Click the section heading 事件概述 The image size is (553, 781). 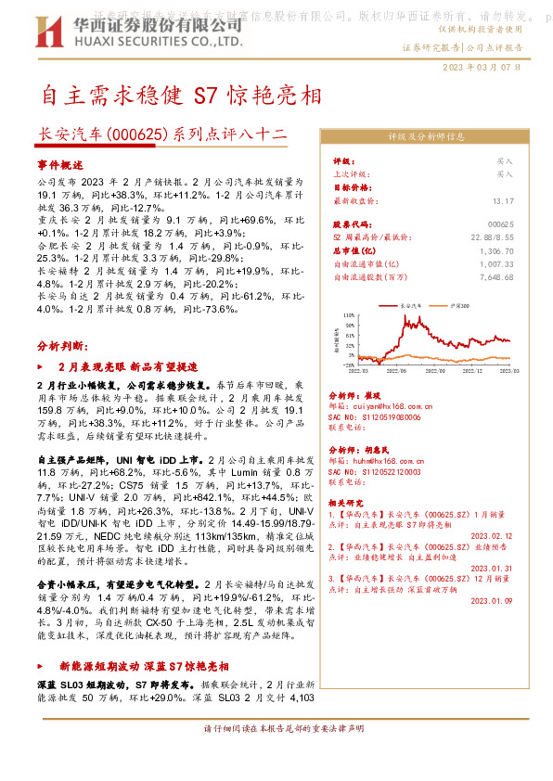(59, 163)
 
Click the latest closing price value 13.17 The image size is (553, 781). (503, 199)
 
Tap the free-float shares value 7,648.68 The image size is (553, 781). (495, 276)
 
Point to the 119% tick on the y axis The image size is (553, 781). (349, 314)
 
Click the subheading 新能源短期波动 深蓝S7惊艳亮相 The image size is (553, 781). (143, 666)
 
